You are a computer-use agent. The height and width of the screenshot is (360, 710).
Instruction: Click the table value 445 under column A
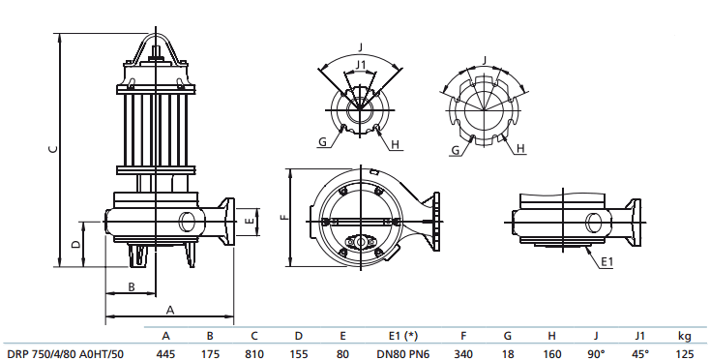(165, 353)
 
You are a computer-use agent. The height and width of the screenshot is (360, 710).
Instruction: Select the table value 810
(253, 353)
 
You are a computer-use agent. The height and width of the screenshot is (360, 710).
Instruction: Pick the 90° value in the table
(596, 353)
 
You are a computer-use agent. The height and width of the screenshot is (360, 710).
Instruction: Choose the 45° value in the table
(639, 353)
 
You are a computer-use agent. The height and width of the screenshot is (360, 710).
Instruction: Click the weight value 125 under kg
(685, 353)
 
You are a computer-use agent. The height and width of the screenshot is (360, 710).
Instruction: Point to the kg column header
(685, 336)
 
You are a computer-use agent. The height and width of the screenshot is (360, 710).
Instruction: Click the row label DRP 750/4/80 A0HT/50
(65, 353)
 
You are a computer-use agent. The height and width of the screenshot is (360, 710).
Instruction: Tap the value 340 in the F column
(462, 353)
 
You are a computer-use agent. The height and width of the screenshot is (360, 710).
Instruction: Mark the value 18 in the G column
(508, 353)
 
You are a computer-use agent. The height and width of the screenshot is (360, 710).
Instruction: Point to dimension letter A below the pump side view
(170, 310)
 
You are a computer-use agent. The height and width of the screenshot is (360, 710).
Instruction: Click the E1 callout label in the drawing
(606, 262)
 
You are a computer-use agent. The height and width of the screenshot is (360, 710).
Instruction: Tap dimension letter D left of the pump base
(76, 243)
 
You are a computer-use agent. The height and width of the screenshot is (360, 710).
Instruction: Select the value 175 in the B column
(209, 353)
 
